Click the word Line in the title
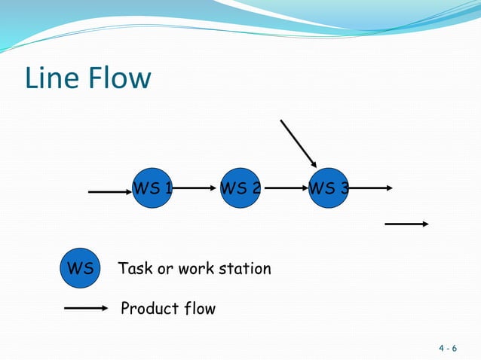(51, 78)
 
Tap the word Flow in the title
(118, 78)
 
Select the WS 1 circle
(153, 188)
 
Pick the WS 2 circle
(240, 188)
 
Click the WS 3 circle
(329, 188)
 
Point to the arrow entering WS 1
(110, 191)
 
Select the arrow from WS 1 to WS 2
(197, 188)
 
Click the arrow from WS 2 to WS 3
(285, 188)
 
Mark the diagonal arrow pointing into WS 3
(299, 143)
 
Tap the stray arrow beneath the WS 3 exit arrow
(407, 224)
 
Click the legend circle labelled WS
(80, 268)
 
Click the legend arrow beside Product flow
(87, 308)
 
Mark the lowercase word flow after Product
(199, 309)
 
